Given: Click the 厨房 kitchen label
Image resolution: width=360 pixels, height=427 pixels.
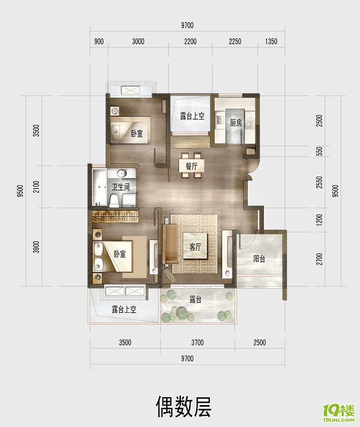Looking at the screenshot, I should click(x=236, y=123).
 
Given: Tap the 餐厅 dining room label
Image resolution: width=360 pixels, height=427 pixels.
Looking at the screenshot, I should click(x=192, y=167).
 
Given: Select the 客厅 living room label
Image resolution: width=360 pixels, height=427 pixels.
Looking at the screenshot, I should click(x=195, y=247).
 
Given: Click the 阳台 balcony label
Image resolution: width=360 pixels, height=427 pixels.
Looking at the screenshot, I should click(x=260, y=259).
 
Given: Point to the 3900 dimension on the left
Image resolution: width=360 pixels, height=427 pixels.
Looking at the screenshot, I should click(x=36, y=247).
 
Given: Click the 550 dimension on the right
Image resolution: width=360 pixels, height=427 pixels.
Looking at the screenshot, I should click(x=319, y=152).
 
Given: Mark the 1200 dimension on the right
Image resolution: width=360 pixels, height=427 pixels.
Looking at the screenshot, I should click(x=319, y=219).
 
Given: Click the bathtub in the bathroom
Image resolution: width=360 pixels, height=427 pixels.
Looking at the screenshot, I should click(x=99, y=187).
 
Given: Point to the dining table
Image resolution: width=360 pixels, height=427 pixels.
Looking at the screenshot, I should click(x=192, y=167).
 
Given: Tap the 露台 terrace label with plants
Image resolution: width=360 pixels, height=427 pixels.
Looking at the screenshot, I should click(x=195, y=300).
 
